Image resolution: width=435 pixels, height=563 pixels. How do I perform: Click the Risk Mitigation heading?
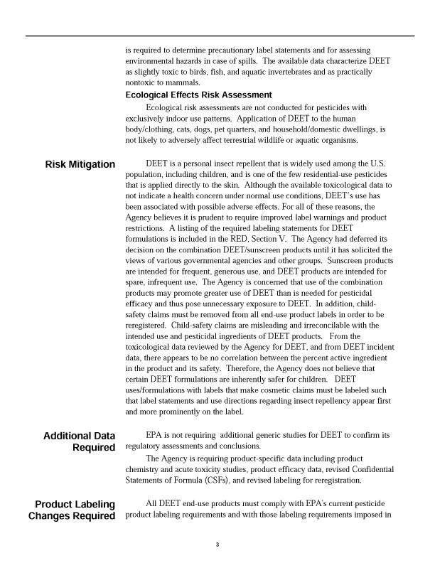80,165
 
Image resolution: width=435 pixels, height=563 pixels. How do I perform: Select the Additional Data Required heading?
79,441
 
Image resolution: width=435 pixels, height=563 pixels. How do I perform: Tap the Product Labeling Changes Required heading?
71,510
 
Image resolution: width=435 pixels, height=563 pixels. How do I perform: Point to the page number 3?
217,545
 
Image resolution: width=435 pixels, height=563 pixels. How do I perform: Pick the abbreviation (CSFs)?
210,480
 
